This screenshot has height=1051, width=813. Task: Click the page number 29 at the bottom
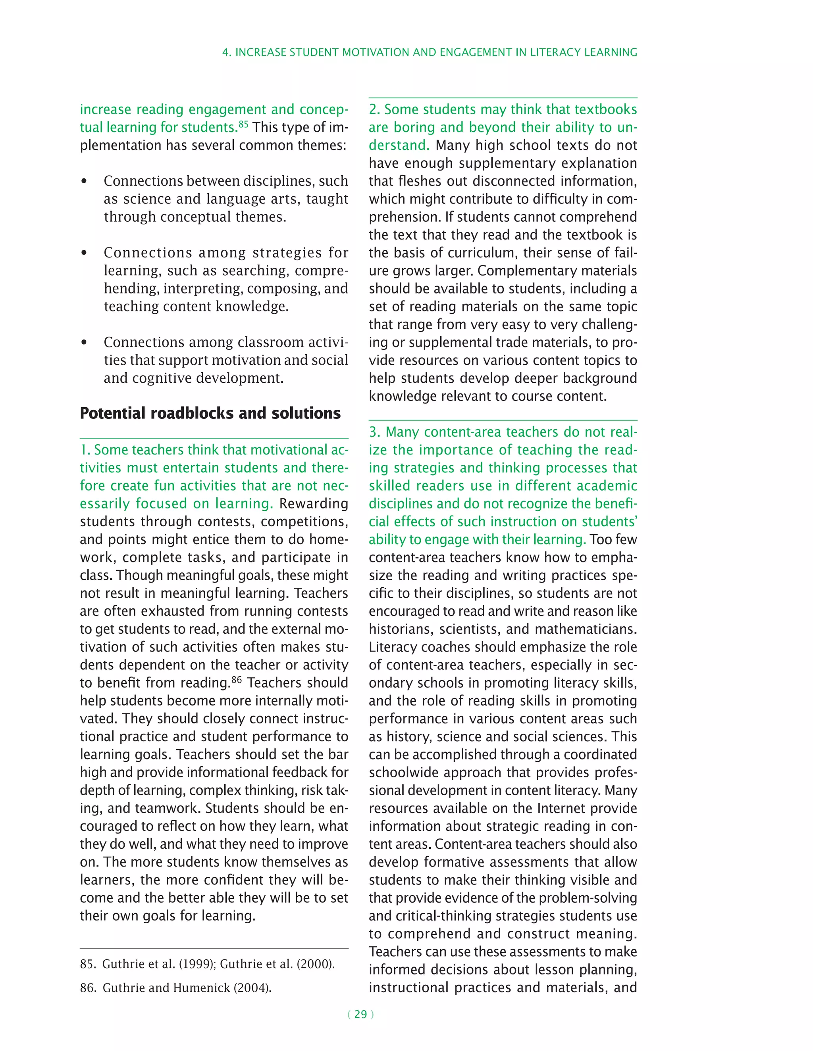tap(360, 1015)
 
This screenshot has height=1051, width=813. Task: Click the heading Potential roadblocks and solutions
tap(210, 413)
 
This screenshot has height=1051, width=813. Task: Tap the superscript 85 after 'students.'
tap(243, 124)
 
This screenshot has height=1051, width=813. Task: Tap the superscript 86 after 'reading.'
tap(237, 679)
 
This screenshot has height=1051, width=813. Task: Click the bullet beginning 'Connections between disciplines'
tap(84, 181)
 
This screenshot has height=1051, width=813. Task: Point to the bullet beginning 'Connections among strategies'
tap(84, 253)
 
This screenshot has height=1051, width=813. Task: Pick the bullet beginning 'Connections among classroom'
tap(84, 343)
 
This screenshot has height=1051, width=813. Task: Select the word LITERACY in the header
tap(555, 52)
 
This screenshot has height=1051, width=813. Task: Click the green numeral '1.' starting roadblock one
tap(85, 450)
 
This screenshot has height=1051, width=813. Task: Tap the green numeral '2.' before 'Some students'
tap(374, 110)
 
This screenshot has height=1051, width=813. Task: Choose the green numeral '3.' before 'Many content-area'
tap(375, 432)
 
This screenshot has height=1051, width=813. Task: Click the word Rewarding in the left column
tap(314, 504)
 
